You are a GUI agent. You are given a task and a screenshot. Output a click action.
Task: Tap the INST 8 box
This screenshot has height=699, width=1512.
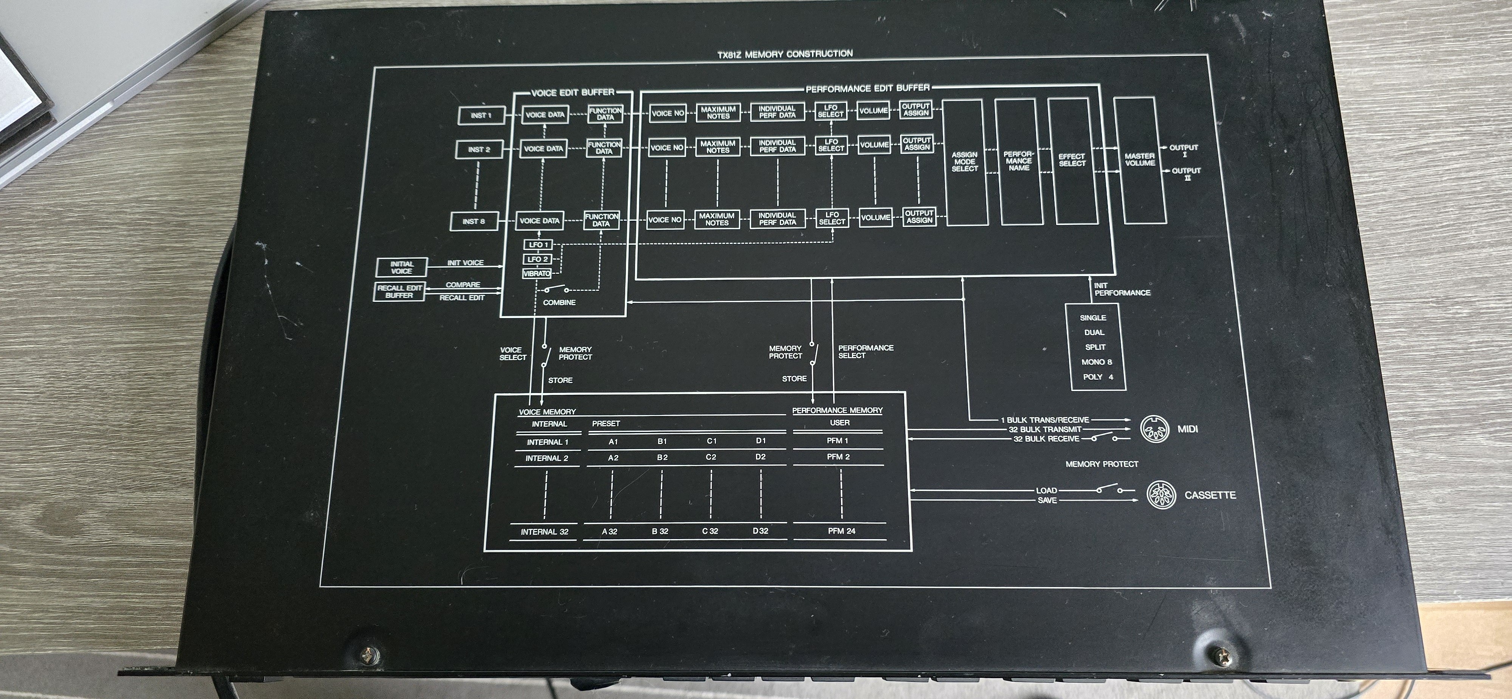(473, 221)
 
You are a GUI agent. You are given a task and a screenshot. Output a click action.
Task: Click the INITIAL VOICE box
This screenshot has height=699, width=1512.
(401, 268)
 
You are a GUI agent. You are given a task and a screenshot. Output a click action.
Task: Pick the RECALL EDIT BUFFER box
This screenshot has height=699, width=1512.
(399, 291)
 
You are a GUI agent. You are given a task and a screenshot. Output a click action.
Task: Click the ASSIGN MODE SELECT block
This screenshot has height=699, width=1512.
(964, 162)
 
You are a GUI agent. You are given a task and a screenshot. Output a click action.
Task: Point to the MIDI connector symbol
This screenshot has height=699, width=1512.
(1153, 429)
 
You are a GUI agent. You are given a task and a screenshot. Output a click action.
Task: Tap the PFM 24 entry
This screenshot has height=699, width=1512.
(841, 531)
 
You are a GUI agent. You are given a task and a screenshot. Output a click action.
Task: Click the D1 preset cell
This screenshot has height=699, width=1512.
(761, 441)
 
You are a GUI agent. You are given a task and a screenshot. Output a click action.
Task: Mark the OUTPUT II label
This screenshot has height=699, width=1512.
(1186, 173)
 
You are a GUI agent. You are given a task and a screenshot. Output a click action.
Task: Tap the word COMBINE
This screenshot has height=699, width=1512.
(559, 303)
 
